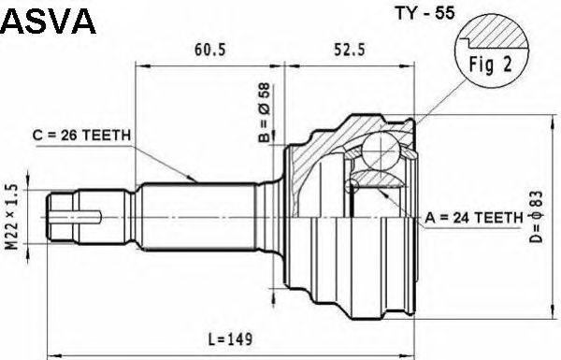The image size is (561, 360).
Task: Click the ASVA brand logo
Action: pyautogui.click(x=48, y=21)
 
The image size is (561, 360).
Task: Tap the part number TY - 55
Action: pyautogui.click(x=424, y=13)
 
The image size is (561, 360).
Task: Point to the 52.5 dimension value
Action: pyautogui.click(x=350, y=50)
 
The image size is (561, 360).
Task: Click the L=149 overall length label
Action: pyautogui.click(x=230, y=338)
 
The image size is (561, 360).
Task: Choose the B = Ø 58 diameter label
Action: pyautogui.click(x=266, y=113)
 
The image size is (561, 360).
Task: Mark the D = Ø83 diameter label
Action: pyautogui.click(x=537, y=217)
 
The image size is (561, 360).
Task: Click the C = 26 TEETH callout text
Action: pyautogui.click(x=81, y=136)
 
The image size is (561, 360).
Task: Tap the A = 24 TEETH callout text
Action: pyautogui.click(x=474, y=217)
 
